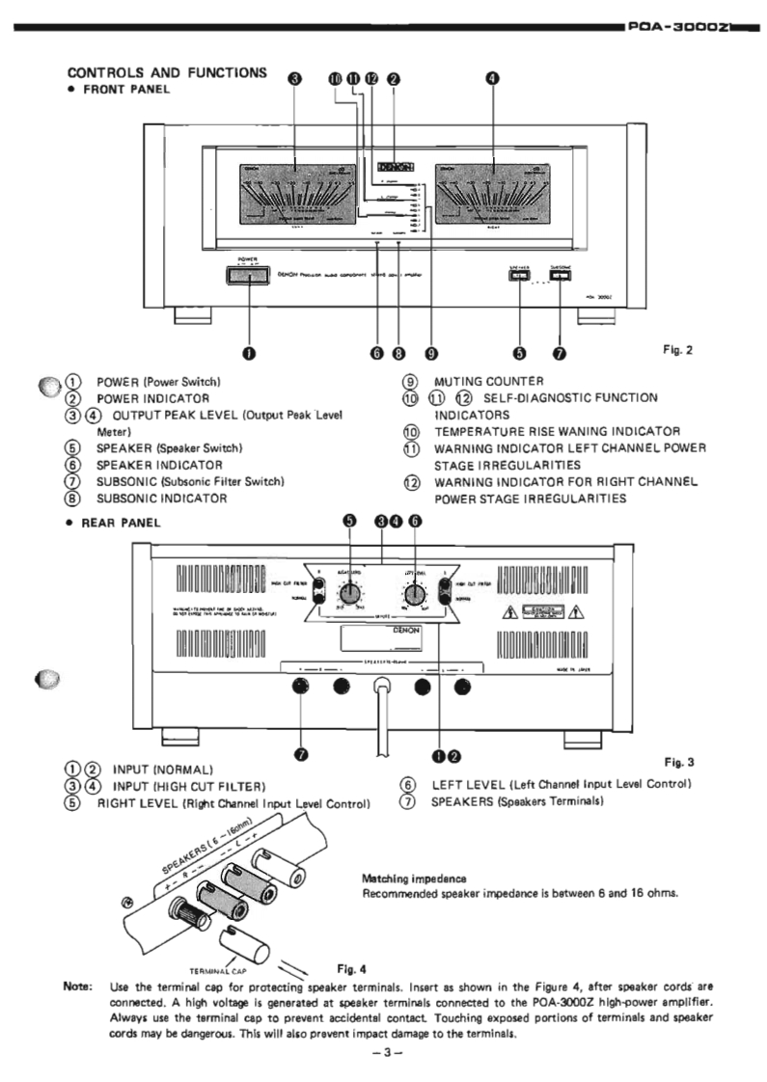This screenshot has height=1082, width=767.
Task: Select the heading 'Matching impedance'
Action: click(400, 879)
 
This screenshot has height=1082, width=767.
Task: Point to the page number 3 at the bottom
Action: click(384, 1052)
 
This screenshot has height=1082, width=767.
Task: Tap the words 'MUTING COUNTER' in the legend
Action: click(489, 381)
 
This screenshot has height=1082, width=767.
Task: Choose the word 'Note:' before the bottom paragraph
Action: click(77, 987)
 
